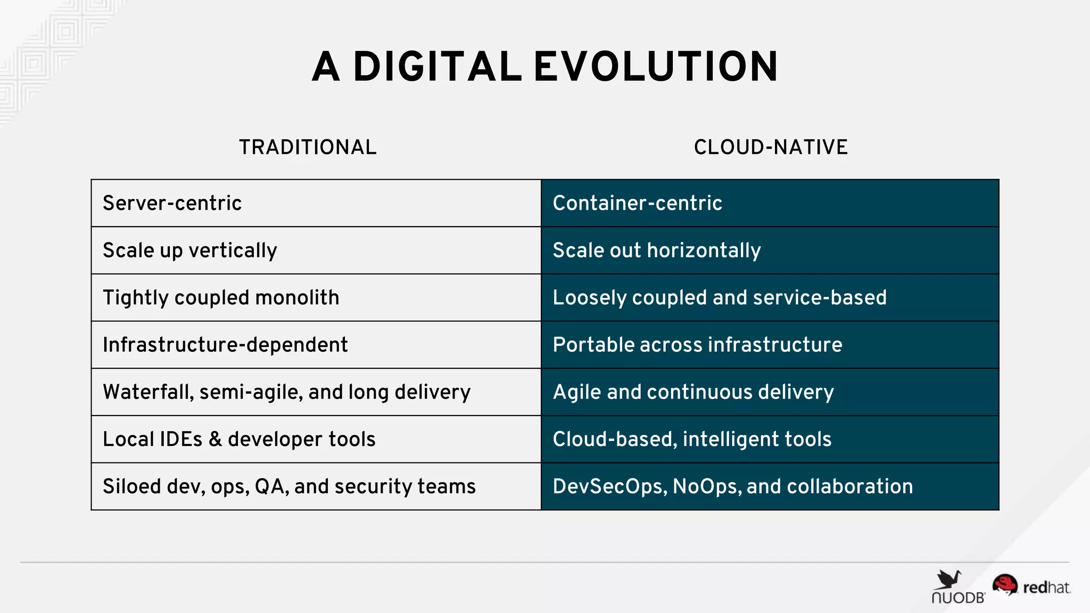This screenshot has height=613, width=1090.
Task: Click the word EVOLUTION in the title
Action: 656,67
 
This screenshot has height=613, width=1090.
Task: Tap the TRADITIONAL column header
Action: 308,147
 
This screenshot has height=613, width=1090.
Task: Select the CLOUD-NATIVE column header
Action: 770,147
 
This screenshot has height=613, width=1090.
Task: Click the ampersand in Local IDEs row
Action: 215,440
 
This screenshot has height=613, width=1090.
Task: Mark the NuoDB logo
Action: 957,587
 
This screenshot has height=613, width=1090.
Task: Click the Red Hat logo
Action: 1031,586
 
